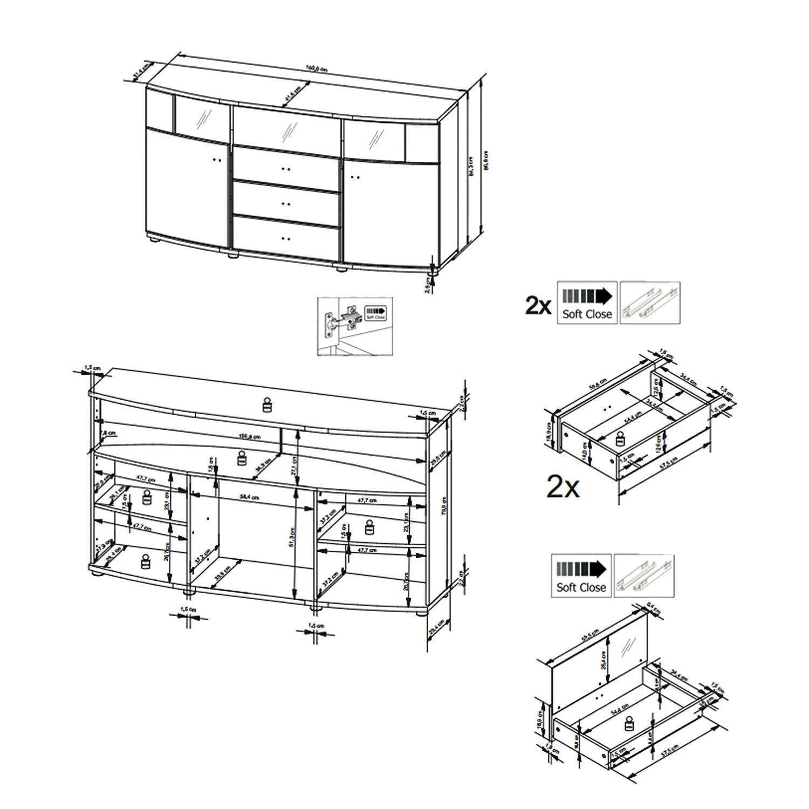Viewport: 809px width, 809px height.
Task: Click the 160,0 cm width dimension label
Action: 317,68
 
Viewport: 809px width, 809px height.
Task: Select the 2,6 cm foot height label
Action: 428,284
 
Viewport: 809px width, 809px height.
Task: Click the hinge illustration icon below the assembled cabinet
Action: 355,326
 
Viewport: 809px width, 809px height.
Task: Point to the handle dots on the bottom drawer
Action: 286,238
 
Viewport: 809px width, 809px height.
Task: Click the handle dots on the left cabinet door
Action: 217,160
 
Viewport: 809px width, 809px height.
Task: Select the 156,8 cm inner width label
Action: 249,437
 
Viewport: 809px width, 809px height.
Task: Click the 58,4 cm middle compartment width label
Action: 249,497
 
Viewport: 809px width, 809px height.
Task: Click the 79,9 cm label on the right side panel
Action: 443,506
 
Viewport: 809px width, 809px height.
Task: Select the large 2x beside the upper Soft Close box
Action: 538,306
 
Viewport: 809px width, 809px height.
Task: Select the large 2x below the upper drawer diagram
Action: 563,487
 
